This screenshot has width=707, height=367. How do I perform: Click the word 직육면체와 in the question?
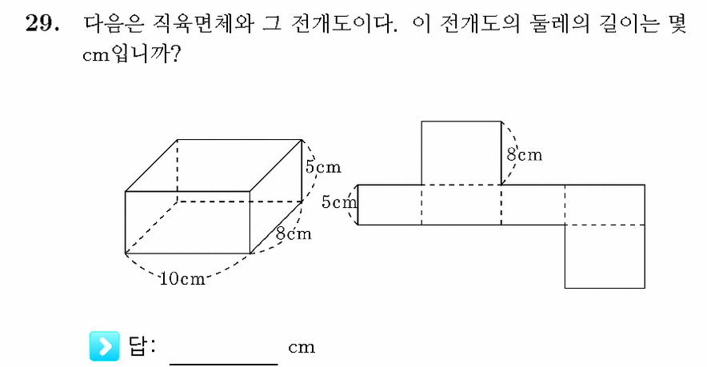(203, 23)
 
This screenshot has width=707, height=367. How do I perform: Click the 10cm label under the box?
(182, 279)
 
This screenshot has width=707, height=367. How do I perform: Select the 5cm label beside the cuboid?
(323, 167)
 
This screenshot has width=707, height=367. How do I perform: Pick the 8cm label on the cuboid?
(294, 233)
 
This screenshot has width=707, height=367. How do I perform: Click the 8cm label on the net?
(525, 154)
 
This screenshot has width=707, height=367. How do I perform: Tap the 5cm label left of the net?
(339, 202)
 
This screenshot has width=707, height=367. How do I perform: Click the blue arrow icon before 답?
(105, 346)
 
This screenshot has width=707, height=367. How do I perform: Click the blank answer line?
(224, 363)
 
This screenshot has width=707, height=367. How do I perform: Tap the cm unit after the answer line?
(302, 348)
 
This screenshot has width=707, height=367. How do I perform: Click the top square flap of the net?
(461, 153)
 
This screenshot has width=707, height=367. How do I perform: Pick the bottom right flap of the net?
(605, 256)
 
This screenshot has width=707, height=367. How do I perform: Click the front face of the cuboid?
(188, 222)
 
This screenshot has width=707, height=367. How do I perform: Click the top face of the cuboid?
(214, 166)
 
